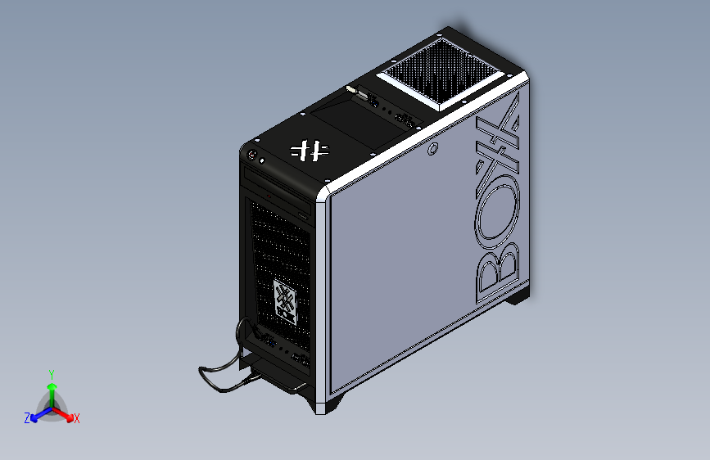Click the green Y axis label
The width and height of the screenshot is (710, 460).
tap(51, 373)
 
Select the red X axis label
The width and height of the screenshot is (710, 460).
tap(77, 418)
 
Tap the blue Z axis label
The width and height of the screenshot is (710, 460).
tap(27, 418)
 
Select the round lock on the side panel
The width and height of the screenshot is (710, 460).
tap(432, 150)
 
